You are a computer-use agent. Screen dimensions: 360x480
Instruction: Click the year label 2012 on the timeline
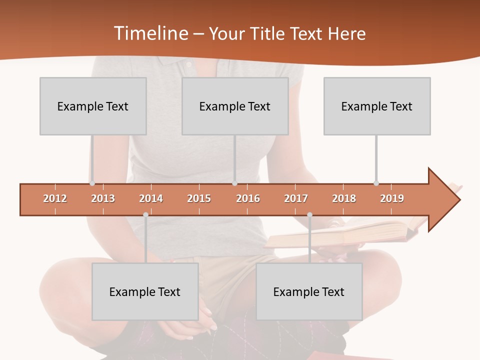pyautogui.click(x=55, y=198)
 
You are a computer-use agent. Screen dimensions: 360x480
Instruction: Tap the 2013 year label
pyautogui.click(x=103, y=198)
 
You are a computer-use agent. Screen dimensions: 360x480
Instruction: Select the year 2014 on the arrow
pyautogui.click(x=151, y=198)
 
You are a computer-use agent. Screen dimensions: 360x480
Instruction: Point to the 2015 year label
pyautogui.click(x=199, y=198)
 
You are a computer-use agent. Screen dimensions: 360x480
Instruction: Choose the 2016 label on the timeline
pyautogui.click(x=248, y=198)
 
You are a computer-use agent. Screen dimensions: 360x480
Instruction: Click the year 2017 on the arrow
pyautogui.click(x=296, y=198)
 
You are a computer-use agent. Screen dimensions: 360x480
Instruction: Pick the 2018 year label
pyautogui.click(x=344, y=198)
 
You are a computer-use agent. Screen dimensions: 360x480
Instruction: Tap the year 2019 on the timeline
pyautogui.click(x=392, y=198)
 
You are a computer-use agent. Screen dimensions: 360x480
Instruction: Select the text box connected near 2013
pyautogui.click(x=93, y=106)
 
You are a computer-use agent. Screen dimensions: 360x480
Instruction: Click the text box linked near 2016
pyautogui.click(x=235, y=106)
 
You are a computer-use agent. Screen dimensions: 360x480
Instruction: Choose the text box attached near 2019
pyautogui.click(x=377, y=106)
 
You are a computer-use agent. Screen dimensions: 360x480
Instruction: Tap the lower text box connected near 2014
pyautogui.click(x=145, y=291)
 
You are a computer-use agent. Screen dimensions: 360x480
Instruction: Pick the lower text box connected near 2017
pyautogui.click(x=309, y=291)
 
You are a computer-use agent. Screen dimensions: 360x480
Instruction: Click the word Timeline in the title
pyautogui.click(x=151, y=33)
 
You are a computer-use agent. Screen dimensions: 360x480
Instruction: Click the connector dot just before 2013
pyautogui.click(x=92, y=183)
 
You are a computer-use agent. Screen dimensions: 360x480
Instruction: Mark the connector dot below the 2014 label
pyautogui.click(x=145, y=214)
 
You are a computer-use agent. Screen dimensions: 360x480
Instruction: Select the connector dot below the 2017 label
pyautogui.click(x=309, y=214)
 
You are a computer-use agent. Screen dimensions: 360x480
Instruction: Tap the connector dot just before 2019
pyautogui.click(x=376, y=183)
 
